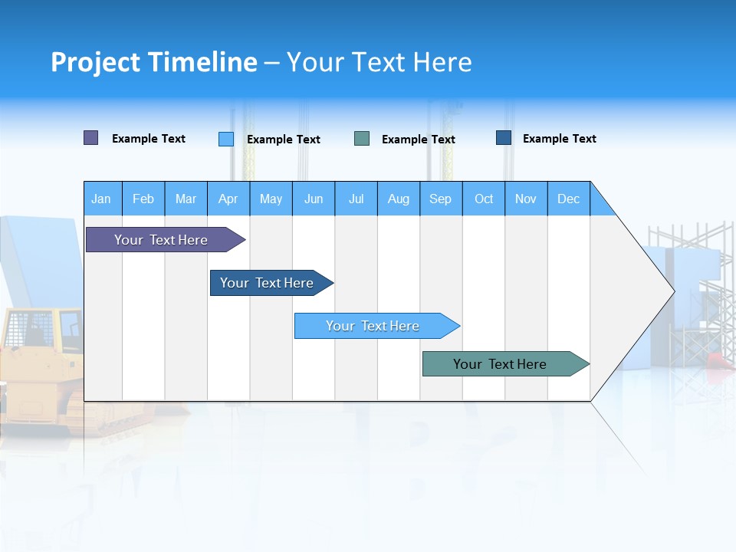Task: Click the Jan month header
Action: (102, 199)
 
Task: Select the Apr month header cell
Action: (228, 199)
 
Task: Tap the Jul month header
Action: (356, 199)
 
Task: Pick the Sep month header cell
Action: (441, 199)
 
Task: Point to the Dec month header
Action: (568, 199)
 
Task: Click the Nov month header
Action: (526, 199)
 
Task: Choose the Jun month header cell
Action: (314, 199)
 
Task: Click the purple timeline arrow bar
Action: (161, 240)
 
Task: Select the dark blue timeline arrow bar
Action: (267, 283)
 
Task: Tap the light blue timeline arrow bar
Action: (373, 326)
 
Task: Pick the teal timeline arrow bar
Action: (500, 364)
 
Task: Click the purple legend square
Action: (91, 138)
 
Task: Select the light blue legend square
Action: (226, 139)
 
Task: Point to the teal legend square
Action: (362, 139)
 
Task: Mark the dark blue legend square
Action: (504, 138)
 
